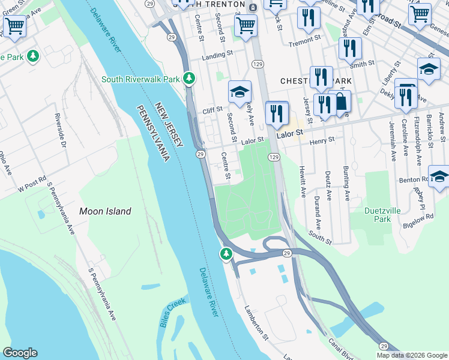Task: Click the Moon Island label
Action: point(105,211)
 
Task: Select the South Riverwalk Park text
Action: point(140,79)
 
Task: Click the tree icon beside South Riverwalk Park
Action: point(190,78)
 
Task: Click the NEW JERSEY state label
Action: point(169,125)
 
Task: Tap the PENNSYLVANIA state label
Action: point(150,133)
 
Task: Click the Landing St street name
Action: point(217,54)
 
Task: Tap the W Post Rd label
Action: point(32,188)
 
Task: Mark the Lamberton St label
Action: point(256,322)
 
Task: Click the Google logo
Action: point(20,353)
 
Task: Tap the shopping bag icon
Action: point(340,103)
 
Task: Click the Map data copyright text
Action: point(412,355)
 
